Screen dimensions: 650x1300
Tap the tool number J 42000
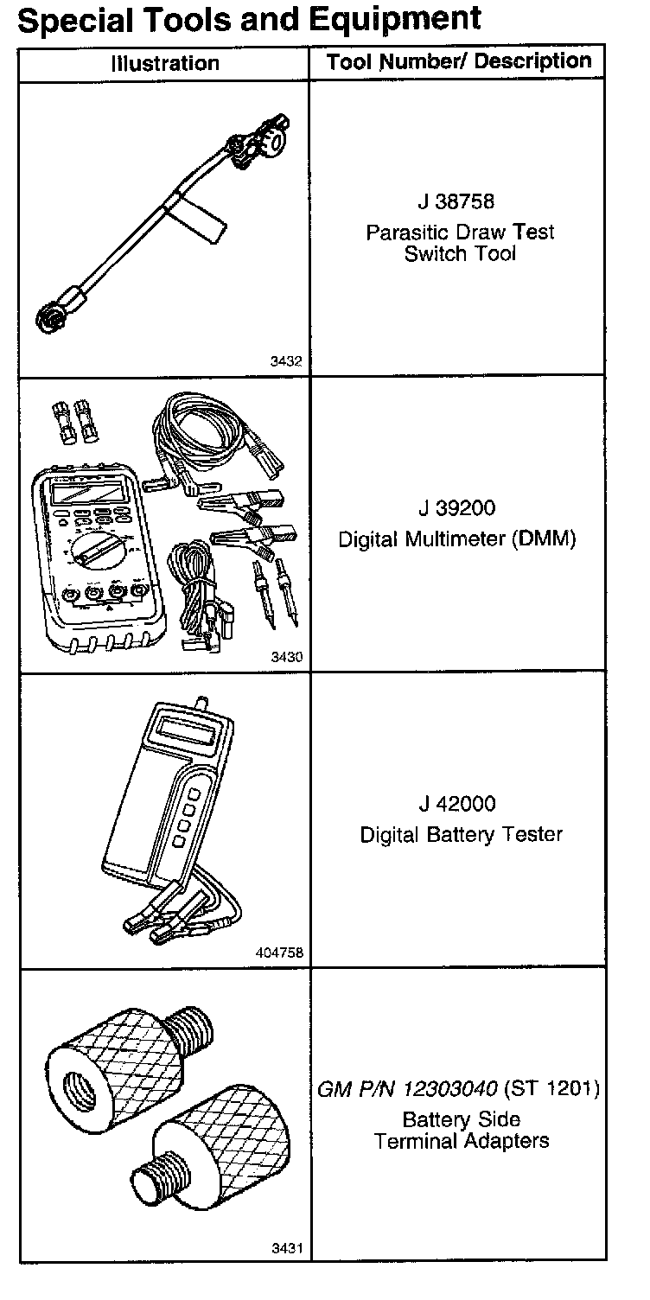coord(457,804)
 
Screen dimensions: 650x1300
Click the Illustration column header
coord(165,63)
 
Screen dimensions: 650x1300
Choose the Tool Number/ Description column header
coord(459,61)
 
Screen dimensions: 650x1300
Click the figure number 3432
coord(286,361)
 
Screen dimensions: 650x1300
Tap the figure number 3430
coord(286,657)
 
